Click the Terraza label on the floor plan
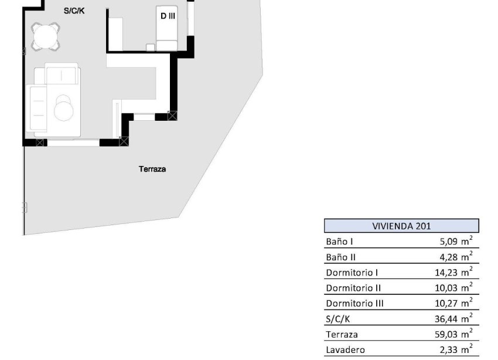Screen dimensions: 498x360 [x=152, y=169]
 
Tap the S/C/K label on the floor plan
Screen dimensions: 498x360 [x=74, y=11]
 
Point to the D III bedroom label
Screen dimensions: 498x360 [x=168, y=16]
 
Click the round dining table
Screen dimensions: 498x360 [x=46, y=36]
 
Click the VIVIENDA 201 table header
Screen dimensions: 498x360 [x=401, y=226]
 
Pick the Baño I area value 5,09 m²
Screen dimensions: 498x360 [x=456, y=241]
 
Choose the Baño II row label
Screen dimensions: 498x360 [x=340, y=257]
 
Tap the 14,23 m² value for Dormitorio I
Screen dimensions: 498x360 [x=453, y=272]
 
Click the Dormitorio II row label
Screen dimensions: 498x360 [x=353, y=288]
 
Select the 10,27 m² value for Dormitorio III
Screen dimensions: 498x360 [x=453, y=303]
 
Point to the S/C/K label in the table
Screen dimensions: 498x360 [x=338, y=319]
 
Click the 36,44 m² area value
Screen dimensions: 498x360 [x=453, y=318]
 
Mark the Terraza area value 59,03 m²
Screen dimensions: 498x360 [x=453, y=334]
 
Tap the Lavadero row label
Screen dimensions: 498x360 [x=345, y=350]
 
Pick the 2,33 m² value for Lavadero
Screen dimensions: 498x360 [x=456, y=349]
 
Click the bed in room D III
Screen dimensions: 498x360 [x=167, y=28]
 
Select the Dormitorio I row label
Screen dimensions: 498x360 [x=352, y=273]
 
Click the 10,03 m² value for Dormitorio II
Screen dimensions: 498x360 [x=453, y=287]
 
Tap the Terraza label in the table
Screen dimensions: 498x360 [x=342, y=335]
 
